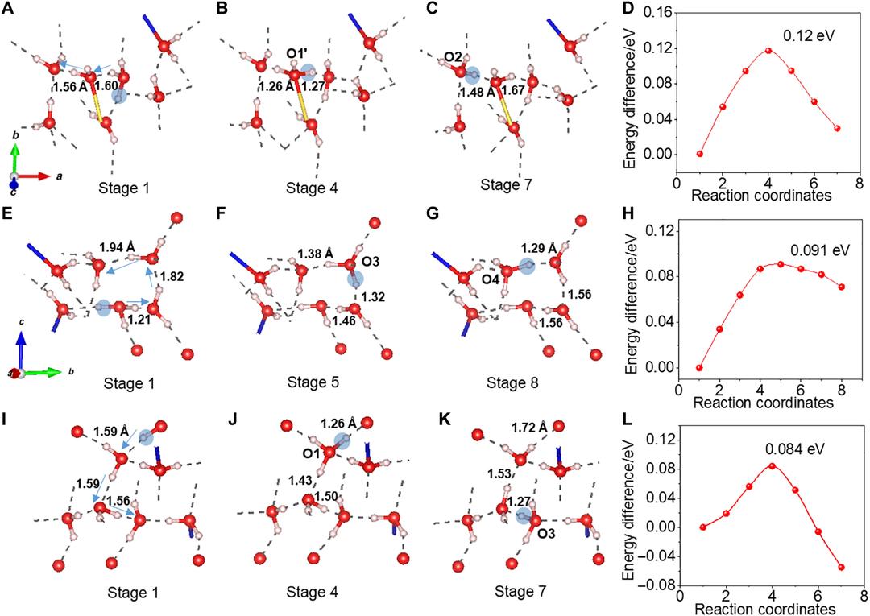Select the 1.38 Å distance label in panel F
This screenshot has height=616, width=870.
[315, 253]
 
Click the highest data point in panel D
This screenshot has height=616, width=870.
[768, 50]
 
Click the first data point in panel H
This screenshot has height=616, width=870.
[700, 367]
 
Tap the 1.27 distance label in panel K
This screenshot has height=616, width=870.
[502, 502]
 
